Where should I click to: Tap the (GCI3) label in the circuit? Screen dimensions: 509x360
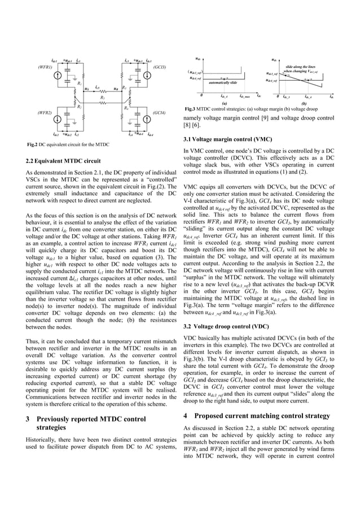click(x=159, y=67)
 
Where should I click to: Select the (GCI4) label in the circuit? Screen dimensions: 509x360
click(x=159, y=113)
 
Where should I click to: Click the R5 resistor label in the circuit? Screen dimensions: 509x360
click(x=102, y=98)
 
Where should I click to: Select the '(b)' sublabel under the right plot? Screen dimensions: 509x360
click(x=304, y=104)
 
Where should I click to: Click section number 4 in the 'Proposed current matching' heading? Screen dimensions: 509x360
click(x=186, y=415)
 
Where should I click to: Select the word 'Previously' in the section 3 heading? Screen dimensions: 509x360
click(x=55, y=419)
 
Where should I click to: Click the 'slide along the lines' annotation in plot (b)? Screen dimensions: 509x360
click(x=304, y=67)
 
